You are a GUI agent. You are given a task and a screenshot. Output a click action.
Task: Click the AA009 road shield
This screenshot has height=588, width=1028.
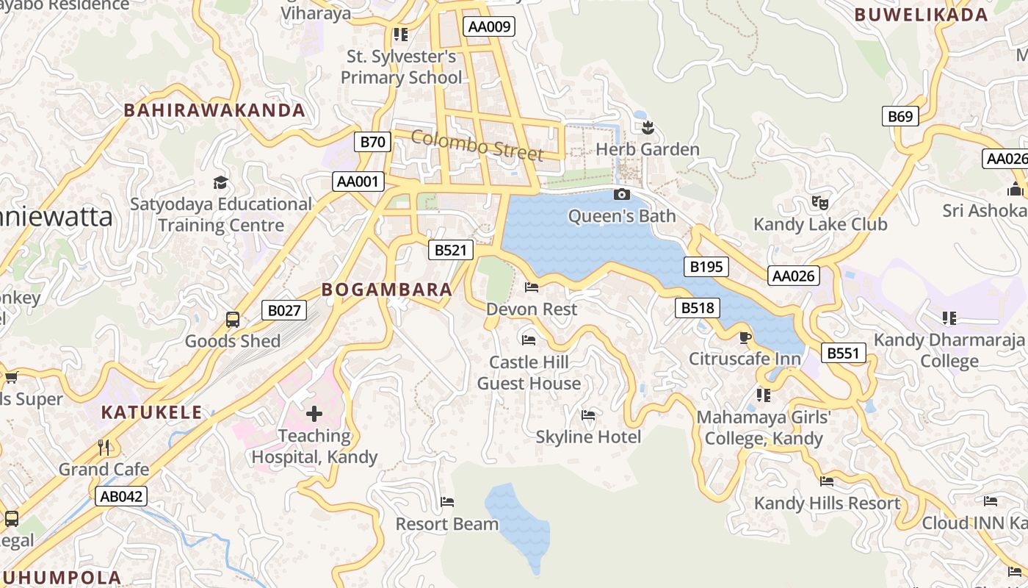(x=488, y=27)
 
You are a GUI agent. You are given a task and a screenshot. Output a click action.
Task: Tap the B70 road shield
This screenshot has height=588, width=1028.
(x=372, y=142)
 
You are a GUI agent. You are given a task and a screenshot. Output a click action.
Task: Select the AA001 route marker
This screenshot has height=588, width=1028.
(x=358, y=182)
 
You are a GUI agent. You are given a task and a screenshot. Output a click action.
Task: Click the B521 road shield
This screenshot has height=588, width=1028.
(x=450, y=250)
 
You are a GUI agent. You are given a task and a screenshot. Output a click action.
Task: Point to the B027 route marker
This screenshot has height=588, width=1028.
(x=283, y=310)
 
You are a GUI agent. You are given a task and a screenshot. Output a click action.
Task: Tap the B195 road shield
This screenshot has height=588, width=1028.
(x=706, y=267)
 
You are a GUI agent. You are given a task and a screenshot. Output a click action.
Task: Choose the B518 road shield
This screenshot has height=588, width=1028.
(x=697, y=308)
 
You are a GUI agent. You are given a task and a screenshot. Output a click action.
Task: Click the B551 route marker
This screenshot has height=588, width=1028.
(x=842, y=354)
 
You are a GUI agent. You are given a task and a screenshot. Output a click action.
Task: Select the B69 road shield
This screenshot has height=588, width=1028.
(x=899, y=116)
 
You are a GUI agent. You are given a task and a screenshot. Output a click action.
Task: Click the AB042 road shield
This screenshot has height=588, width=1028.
(x=121, y=496)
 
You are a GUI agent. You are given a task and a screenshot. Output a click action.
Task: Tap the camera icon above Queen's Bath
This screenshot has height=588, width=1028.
(x=621, y=195)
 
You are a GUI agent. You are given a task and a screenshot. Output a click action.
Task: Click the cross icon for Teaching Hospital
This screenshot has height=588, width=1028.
(x=314, y=414)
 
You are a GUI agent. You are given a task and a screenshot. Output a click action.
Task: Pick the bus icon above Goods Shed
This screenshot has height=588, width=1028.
(x=233, y=320)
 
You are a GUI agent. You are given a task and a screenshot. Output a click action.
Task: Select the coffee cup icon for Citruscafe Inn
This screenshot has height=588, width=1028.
(x=745, y=337)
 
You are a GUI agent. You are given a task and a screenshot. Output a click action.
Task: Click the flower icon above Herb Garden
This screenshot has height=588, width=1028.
(x=647, y=129)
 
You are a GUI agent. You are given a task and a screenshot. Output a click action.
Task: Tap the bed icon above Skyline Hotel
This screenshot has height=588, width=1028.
(x=588, y=415)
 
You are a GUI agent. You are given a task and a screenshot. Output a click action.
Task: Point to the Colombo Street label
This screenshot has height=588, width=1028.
(x=477, y=146)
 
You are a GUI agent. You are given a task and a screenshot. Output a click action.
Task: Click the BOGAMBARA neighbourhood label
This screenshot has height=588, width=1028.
(x=387, y=290)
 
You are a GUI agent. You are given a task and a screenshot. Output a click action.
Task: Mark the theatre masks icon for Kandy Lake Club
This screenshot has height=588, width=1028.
(x=820, y=202)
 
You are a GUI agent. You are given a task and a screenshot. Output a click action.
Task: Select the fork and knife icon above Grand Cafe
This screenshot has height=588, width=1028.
(x=104, y=447)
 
